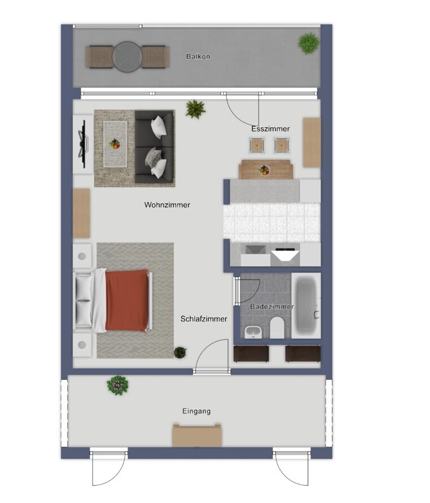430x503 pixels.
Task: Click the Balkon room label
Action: point(198,56)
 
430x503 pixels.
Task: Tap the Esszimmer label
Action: point(270,129)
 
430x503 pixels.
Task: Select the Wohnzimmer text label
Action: point(167,205)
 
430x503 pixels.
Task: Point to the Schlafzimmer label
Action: point(204,319)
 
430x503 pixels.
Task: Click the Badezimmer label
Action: point(271,307)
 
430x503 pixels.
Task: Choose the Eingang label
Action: point(196,411)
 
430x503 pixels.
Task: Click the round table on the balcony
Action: point(128,57)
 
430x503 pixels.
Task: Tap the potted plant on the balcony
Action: point(308,42)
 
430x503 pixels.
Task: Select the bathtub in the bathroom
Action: point(306,306)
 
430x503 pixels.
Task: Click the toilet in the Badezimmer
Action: point(277,327)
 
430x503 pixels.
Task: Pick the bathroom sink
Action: point(253,332)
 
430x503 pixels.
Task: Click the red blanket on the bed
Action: point(127,301)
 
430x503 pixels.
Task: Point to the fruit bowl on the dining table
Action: point(264,170)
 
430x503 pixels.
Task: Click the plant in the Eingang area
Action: point(117,385)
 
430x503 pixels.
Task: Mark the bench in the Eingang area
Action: point(197,436)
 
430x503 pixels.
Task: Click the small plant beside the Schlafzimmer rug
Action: point(180,352)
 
